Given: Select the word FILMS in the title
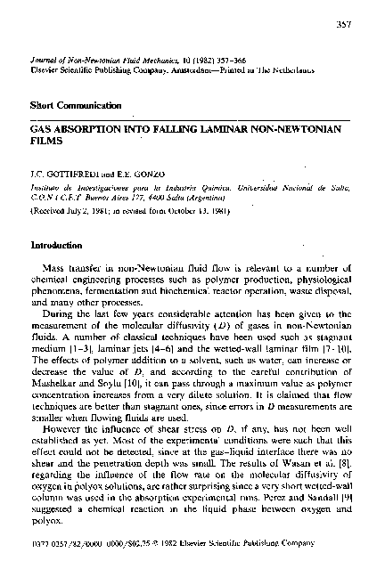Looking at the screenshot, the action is click(45, 140).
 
